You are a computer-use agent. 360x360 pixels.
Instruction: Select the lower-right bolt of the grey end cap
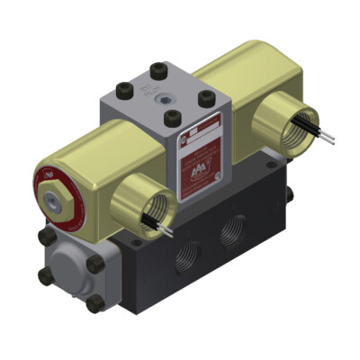[x=93, y=304]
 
